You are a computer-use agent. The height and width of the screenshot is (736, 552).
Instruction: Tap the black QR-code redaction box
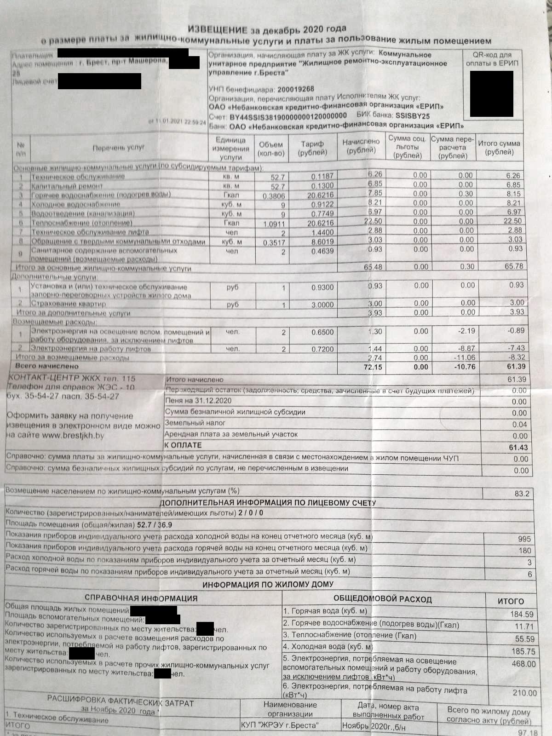click(491, 93)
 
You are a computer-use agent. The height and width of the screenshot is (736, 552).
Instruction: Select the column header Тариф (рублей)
click(312, 148)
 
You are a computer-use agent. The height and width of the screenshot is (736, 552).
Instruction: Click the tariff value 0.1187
click(322, 177)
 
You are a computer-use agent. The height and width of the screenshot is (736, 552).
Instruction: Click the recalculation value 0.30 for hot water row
click(466, 194)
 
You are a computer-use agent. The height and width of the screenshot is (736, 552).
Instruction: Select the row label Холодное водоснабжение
click(75, 204)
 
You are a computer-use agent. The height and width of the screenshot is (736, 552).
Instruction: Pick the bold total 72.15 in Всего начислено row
click(372, 368)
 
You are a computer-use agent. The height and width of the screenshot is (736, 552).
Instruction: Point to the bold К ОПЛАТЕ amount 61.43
click(518, 447)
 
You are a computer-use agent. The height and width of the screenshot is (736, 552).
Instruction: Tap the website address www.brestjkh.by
click(73, 435)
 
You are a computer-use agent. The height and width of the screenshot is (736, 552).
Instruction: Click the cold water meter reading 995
click(524, 539)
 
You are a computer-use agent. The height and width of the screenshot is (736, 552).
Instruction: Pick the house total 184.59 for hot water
click(522, 614)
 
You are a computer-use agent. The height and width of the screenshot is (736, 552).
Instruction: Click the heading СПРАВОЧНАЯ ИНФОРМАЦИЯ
click(141, 598)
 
